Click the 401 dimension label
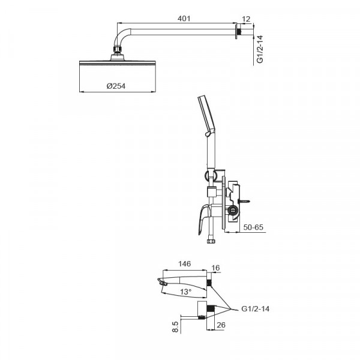coord(184,19)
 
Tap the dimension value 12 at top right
coord(246,19)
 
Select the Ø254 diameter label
coord(116,86)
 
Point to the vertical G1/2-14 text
coord(260,49)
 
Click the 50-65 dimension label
coord(253,227)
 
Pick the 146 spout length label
coord(185,263)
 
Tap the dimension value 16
coord(215,268)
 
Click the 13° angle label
coord(185,292)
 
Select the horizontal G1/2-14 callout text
coord(256,308)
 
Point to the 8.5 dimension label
coord(175,326)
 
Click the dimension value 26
coord(221,325)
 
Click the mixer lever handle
coord(204,220)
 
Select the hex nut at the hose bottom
coord(211,241)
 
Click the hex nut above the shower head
coord(118,50)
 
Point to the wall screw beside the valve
coord(244,202)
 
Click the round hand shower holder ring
coord(209,176)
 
